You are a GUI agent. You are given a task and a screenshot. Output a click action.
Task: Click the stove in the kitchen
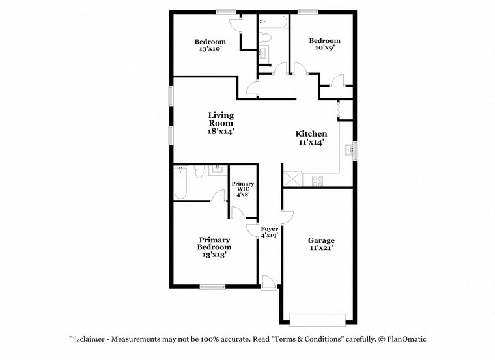[318, 181]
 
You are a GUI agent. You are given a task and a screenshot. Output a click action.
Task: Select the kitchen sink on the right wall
[352, 150]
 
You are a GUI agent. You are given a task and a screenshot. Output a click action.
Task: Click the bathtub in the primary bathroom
[181, 184]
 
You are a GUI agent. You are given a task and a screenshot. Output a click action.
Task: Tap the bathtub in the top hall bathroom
[272, 22]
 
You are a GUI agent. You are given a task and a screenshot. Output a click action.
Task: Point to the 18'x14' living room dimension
[221, 131]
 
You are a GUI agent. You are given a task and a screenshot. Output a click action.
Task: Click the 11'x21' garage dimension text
[321, 248]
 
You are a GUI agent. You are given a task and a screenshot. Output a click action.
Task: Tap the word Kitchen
[311, 133]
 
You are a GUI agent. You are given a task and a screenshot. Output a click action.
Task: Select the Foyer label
[270, 229]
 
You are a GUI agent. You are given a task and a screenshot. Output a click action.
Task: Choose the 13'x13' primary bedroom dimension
[215, 255]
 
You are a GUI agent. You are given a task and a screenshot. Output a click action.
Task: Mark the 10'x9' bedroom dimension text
[324, 48]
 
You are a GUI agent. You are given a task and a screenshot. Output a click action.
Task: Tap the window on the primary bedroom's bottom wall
[212, 286]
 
